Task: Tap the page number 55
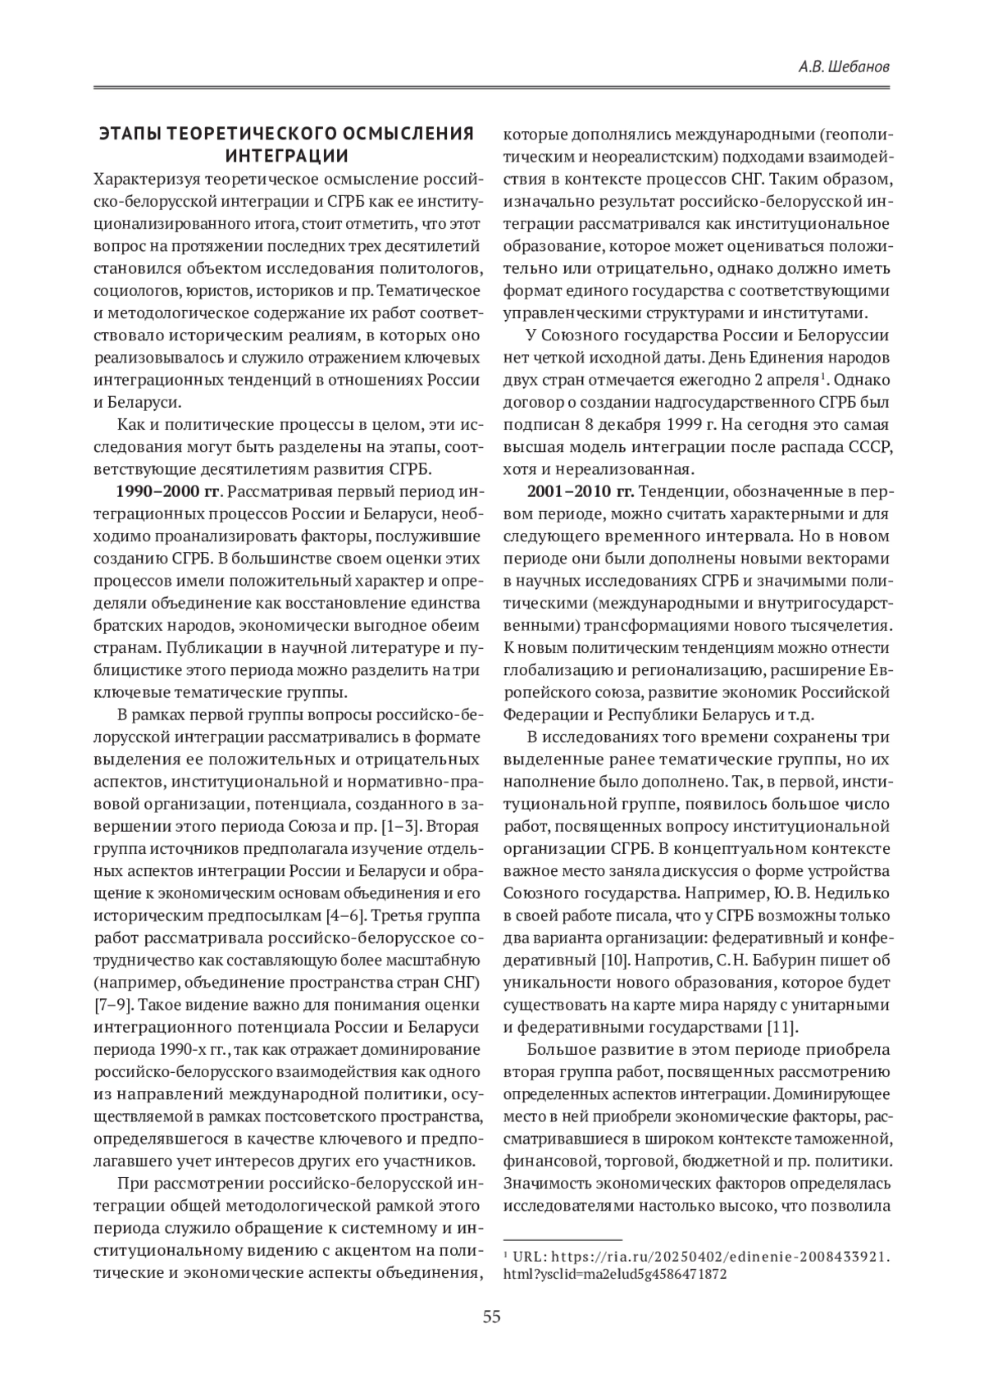tap(491, 1317)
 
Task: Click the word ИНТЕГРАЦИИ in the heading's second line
tap(286, 156)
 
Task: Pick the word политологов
tap(427, 268)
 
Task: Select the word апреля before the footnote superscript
tap(789, 381)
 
